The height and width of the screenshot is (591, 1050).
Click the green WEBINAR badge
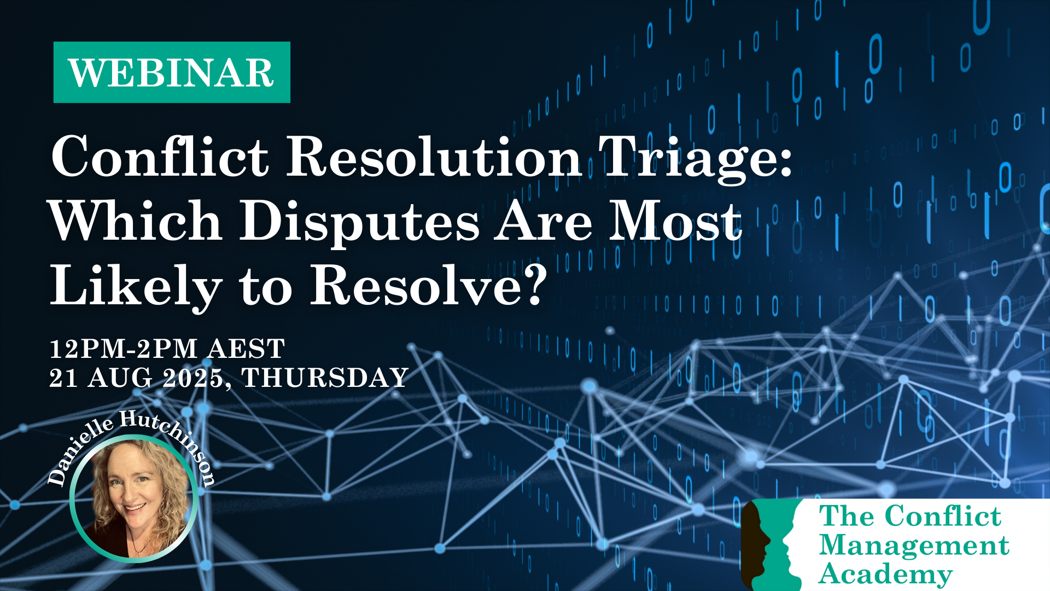[172, 72]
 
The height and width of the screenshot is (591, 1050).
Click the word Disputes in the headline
[360, 223]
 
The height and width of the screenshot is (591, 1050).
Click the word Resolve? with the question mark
[429, 285]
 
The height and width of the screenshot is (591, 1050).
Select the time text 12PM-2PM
[124, 349]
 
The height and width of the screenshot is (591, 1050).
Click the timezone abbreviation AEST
[247, 349]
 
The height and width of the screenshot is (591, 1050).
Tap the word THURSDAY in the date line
[325, 378]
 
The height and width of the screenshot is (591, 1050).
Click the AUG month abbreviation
[120, 378]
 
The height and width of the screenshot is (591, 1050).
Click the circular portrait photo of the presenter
[134, 499]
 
